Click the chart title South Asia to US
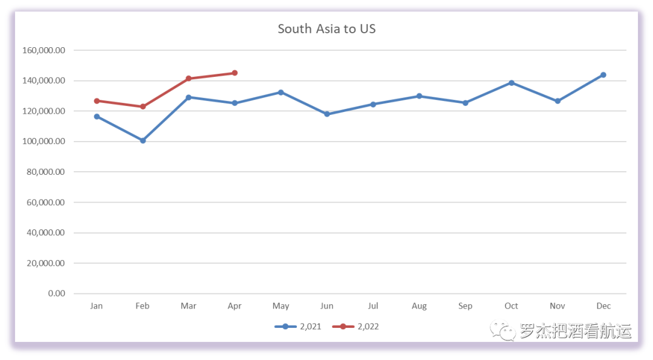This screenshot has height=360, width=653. tap(326, 28)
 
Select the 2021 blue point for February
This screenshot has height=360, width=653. tap(143, 140)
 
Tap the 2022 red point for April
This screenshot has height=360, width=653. tap(235, 73)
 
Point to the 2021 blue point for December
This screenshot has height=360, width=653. tap(603, 75)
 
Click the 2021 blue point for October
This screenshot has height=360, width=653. tap(511, 83)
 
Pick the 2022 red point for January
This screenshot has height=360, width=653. tap(97, 101)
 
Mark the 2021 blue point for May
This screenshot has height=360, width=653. tap(281, 92)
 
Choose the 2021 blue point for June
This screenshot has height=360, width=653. tap(327, 114)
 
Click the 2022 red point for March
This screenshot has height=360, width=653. tap(189, 79)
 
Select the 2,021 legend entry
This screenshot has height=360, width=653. tap(298, 327)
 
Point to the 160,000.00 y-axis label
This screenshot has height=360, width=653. tap(43, 50)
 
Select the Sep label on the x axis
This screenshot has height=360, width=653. tap(465, 306)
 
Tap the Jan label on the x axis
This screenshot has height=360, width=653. tap(96, 306)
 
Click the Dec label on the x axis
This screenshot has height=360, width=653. tap(603, 306)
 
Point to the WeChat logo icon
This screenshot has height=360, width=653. tap(502, 330)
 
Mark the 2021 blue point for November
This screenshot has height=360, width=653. tap(557, 101)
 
